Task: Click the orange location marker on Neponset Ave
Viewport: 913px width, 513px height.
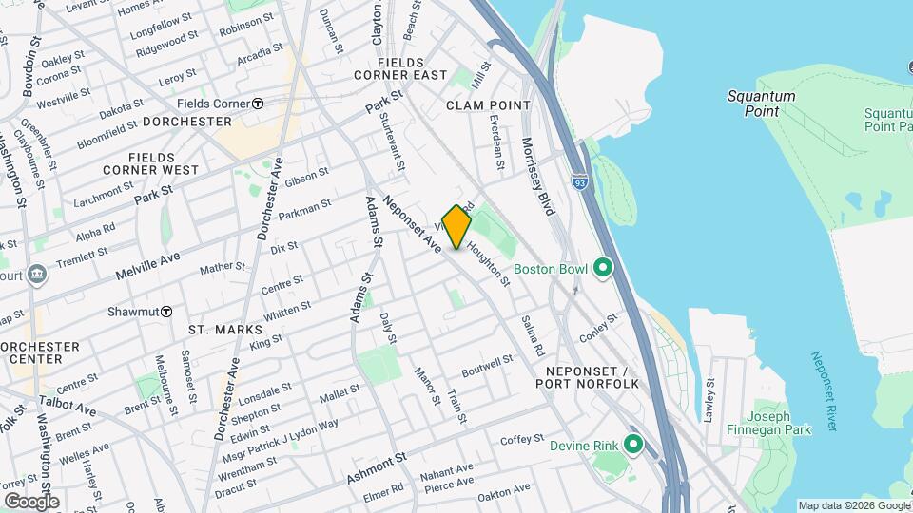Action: tap(456, 227)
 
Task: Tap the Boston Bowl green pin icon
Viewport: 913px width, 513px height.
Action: tap(602, 269)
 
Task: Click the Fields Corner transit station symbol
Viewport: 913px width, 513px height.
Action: tap(258, 104)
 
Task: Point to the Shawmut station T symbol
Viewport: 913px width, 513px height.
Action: tap(165, 311)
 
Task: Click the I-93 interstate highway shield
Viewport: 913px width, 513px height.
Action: tap(579, 180)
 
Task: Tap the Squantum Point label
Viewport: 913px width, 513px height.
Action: tap(761, 104)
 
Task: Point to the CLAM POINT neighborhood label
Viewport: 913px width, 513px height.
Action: tap(479, 104)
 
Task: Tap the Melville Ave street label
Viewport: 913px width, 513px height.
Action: tap(147, 264)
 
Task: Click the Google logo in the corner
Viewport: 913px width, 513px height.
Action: tap(31, 501)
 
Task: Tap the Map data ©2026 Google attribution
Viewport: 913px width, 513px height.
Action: tap(852, 505)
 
